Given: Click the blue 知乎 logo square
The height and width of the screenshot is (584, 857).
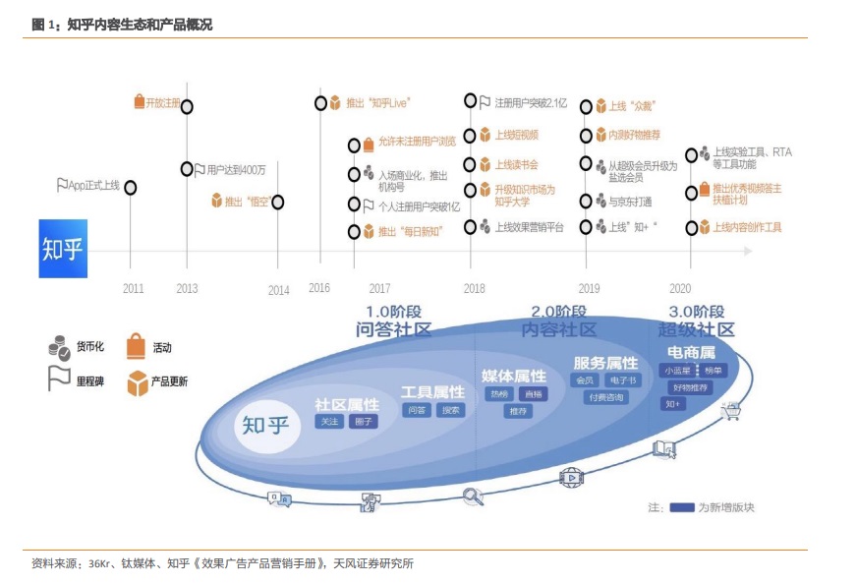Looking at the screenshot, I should pyautogui.click(x=63, y=248).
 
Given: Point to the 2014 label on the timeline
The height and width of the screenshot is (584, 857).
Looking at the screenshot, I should pyautogui.click(x=279, y=290).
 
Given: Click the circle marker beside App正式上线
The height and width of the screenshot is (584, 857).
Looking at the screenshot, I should pyautogui.click(x=130, y=187).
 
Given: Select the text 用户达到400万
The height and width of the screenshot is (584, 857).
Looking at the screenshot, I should pyautogui.click(x=236, y=169).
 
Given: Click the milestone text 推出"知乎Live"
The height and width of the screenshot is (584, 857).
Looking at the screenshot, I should pyautogui.click(x=377, y=102).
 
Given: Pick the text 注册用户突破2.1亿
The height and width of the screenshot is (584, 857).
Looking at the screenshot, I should pyautogui.click(x=531, y=101).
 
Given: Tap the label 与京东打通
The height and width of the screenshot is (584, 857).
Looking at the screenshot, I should pyautogui.click(x=629, y=202).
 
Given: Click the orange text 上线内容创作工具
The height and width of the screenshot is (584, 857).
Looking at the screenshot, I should pyautogui.click(x=747, y=227).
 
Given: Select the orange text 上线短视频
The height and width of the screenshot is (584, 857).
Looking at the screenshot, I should pyautogui.click(x=516, y=135).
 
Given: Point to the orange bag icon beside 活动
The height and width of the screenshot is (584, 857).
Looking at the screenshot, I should pyautogui.click(x=136, y=346).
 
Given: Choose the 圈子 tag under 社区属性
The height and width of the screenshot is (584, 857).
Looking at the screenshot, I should pyautogui.click(x=365, y=421).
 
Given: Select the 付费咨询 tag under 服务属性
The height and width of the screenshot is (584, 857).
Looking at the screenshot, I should pyautogui.click(x=605, y=397).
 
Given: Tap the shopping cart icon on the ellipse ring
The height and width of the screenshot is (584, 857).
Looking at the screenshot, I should pyautogui.click(x=730, y=411).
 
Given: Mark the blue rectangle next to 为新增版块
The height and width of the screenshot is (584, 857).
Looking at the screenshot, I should pyautogui.click(x=682, y=507).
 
